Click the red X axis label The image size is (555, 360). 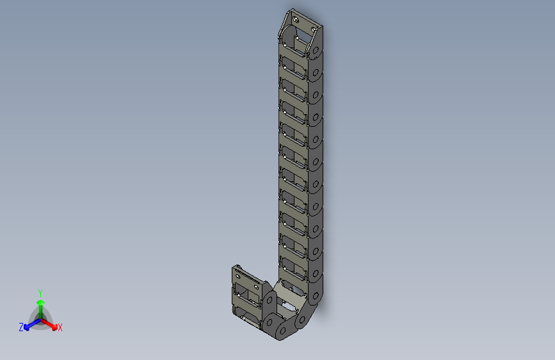(60, 327)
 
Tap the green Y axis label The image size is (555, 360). (40, 292)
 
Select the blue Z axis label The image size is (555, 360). (21, 327)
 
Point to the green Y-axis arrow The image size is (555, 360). (40, 306)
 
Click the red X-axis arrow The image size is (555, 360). (51, 323)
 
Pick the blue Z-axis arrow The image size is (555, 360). (29, 324)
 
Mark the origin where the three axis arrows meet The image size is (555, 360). (40, 318)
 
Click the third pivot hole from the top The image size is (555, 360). (315, 97)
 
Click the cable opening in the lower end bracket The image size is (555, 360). (246, 295)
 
